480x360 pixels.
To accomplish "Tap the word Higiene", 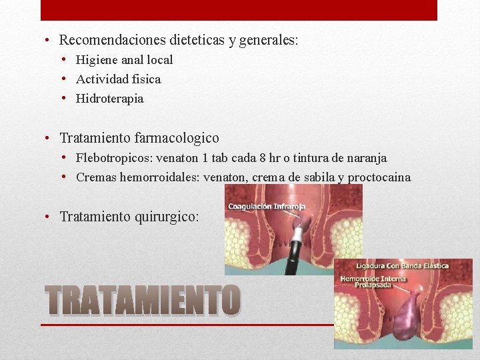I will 95,60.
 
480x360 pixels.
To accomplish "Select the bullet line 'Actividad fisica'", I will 118,79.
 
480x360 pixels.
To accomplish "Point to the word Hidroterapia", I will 109,99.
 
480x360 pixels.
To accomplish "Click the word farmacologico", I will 177,138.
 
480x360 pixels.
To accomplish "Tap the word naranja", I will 366,158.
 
